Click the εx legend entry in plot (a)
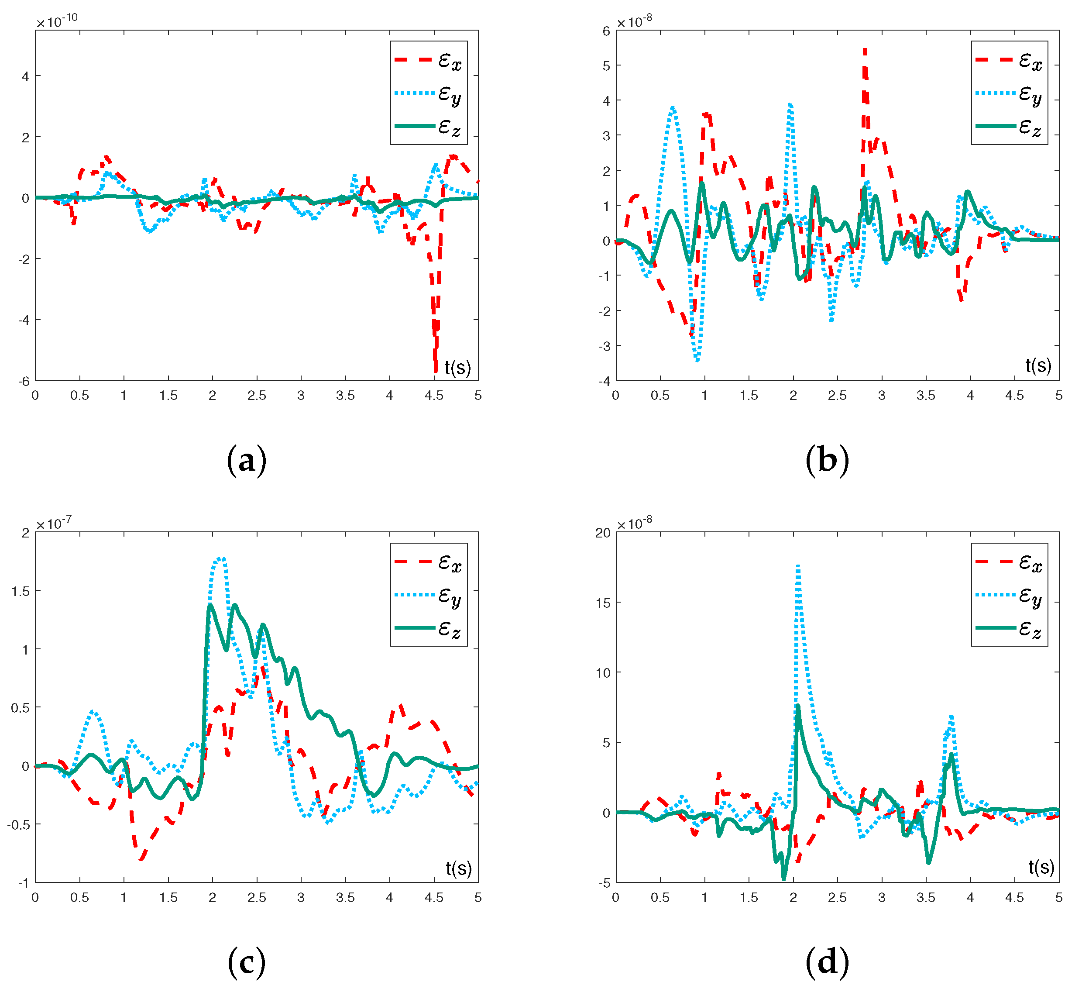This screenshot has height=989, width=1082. click(428, 60)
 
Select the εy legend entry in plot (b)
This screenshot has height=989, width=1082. click(1009, 94)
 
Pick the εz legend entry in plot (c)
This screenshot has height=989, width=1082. click(428, 628)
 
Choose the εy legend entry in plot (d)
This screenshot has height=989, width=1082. click(1009, 596)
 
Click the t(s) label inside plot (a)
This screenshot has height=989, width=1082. click(458, 367)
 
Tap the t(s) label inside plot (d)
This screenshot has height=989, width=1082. click(1041, 867)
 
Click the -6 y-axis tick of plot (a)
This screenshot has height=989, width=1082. click(24, 382)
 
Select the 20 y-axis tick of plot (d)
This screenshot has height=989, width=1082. click(603, 532)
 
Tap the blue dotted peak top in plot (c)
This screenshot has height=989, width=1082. click(220, 558)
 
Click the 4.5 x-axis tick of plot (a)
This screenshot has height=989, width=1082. click(434, 396)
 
